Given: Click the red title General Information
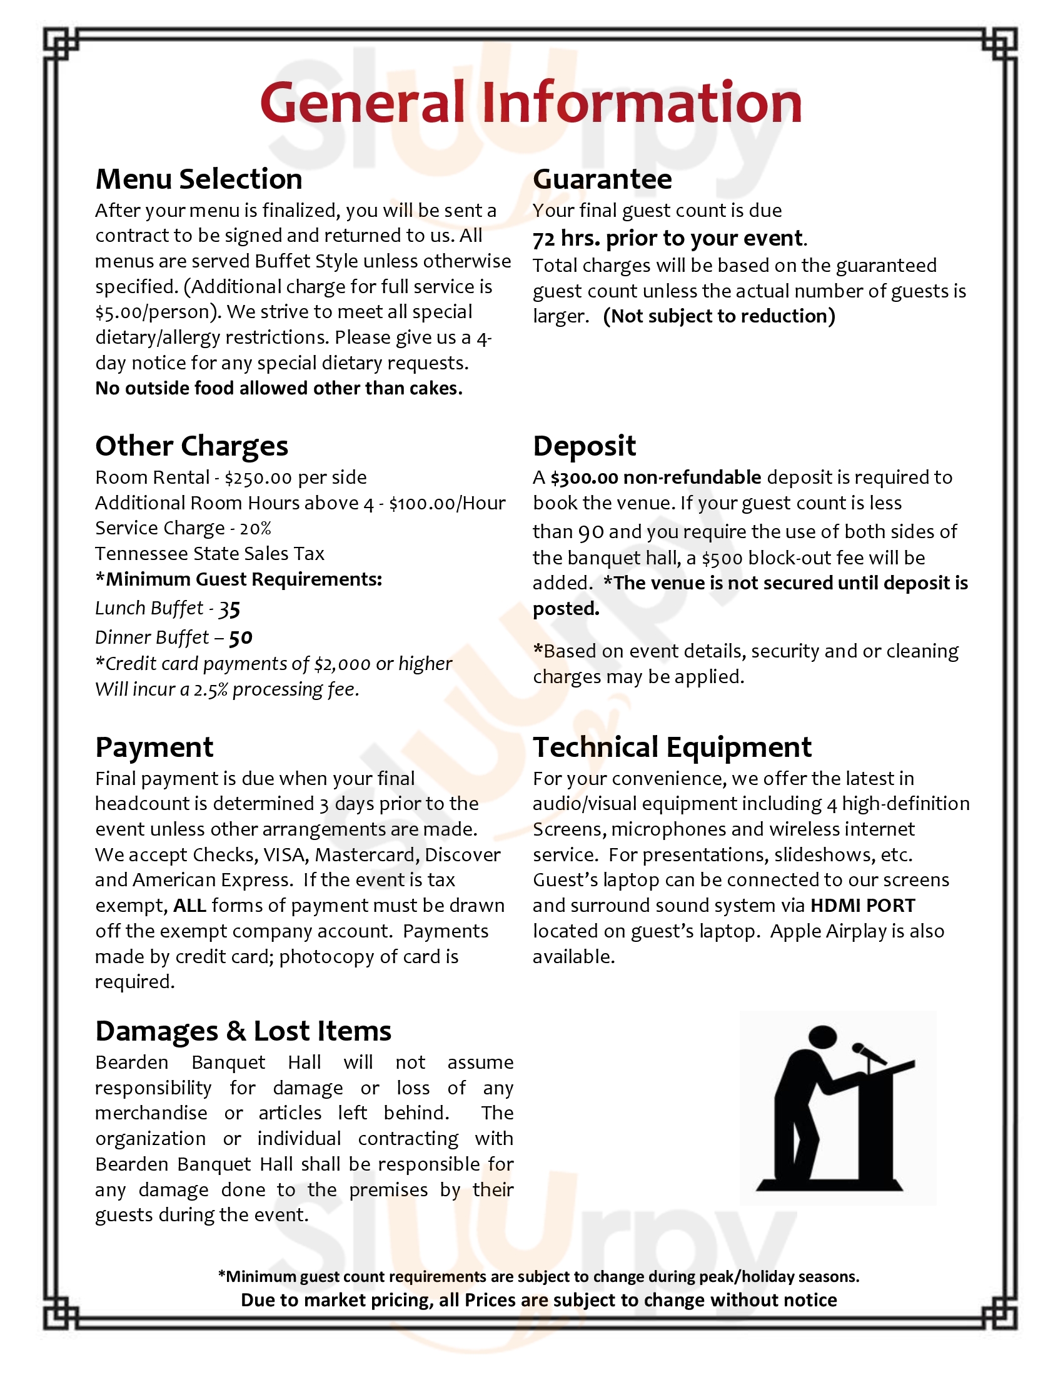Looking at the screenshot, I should pyautogui.click(x=531, y=102).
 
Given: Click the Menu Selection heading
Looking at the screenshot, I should pyautogui.click(x=198, y=179).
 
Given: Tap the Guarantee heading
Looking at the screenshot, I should pyautogui.click(x=602, y=179).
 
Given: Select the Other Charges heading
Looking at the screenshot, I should pyautogui.click(x=191, y=446).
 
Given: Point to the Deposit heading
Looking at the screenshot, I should pyautogui.click(x=585, y=446).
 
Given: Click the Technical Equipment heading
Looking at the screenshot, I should pyautogui.click(x=672, y=747).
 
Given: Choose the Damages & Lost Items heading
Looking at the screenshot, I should pyautogui.click(x=243, y=1031).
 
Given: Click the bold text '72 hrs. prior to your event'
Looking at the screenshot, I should pyautogui.click(x=668, y=239).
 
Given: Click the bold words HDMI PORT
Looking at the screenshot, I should pyautogui.click(x=862, y=906).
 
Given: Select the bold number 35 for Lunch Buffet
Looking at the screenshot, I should pyautogui.click(x=229, y=609).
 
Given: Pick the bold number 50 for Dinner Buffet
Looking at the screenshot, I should pyautogui.click(x=240, y=637).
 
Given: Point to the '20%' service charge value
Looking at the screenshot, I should pyautogui.click(x=255, y=528).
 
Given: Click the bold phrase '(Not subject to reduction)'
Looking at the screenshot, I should pyautogui.click(x=718, y=316).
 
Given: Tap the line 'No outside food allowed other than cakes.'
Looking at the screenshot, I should pyautogui.click(x=278, y=389).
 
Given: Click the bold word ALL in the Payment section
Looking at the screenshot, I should pyautogui.click(x=189, y=906).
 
